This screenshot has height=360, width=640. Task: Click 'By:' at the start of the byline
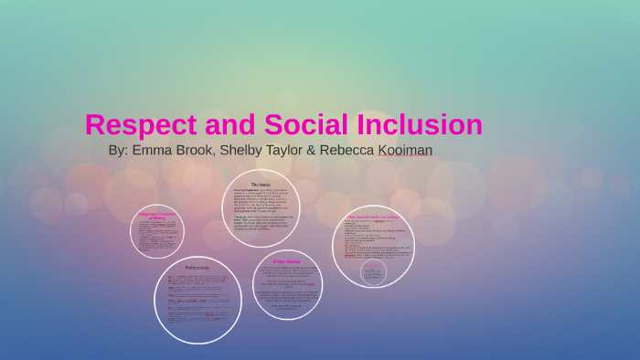pyautogui.click(x=118, y=149)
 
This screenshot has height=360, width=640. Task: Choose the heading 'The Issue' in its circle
pyautogui.click(x=261, y=185)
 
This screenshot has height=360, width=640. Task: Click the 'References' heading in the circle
pyautogui.click(x=197, y=268)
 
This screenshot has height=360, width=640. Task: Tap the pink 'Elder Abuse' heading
pyautogui.click(x=287, y=262)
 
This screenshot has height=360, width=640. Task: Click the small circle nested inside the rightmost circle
pyautogui.click(x=373, y=272)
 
